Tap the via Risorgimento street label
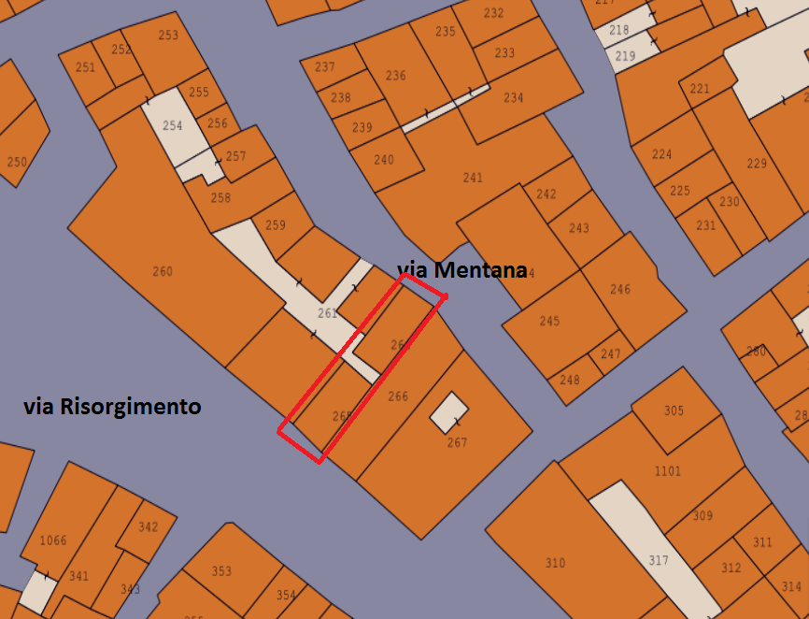tap(112, 407)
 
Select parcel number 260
tap(162, 272)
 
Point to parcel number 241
tap(473, 178)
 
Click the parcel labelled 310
tap(555, 563)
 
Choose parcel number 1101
tap(667, 471)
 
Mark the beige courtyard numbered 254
tap(173, 125)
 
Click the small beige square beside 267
tap(449, 411)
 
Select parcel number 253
tap(168, 36)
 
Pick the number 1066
tap(53, 540)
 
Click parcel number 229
tap(757, 165)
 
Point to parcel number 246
tap(620, 290)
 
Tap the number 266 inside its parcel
tap(398, 396)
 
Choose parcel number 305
tap(674, 411)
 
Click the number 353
tap(221, 571)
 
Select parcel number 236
tap(396, 76)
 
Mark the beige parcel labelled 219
tap(625, 57)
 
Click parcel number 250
tap(17, 162)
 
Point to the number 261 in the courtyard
tap(327, 313)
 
